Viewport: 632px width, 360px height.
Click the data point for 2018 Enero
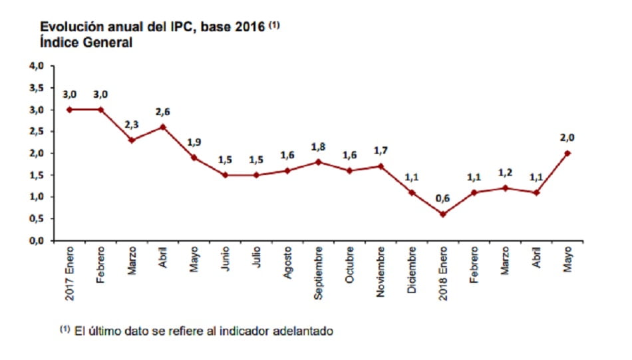(443, 214)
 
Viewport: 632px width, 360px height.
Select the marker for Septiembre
(319, 162)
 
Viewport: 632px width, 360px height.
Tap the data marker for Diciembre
(412, 192)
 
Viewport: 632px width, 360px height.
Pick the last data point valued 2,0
(567, 153)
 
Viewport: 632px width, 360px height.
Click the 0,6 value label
(443, 199)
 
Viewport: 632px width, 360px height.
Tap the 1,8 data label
(319, 146)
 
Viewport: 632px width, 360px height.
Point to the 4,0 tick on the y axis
(37, 66)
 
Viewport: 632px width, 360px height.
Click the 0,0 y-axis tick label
(37, 240)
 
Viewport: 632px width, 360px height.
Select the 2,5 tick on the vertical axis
(37, 131)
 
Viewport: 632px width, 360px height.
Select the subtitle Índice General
(86, 43)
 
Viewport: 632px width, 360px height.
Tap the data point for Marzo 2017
(132, 140)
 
